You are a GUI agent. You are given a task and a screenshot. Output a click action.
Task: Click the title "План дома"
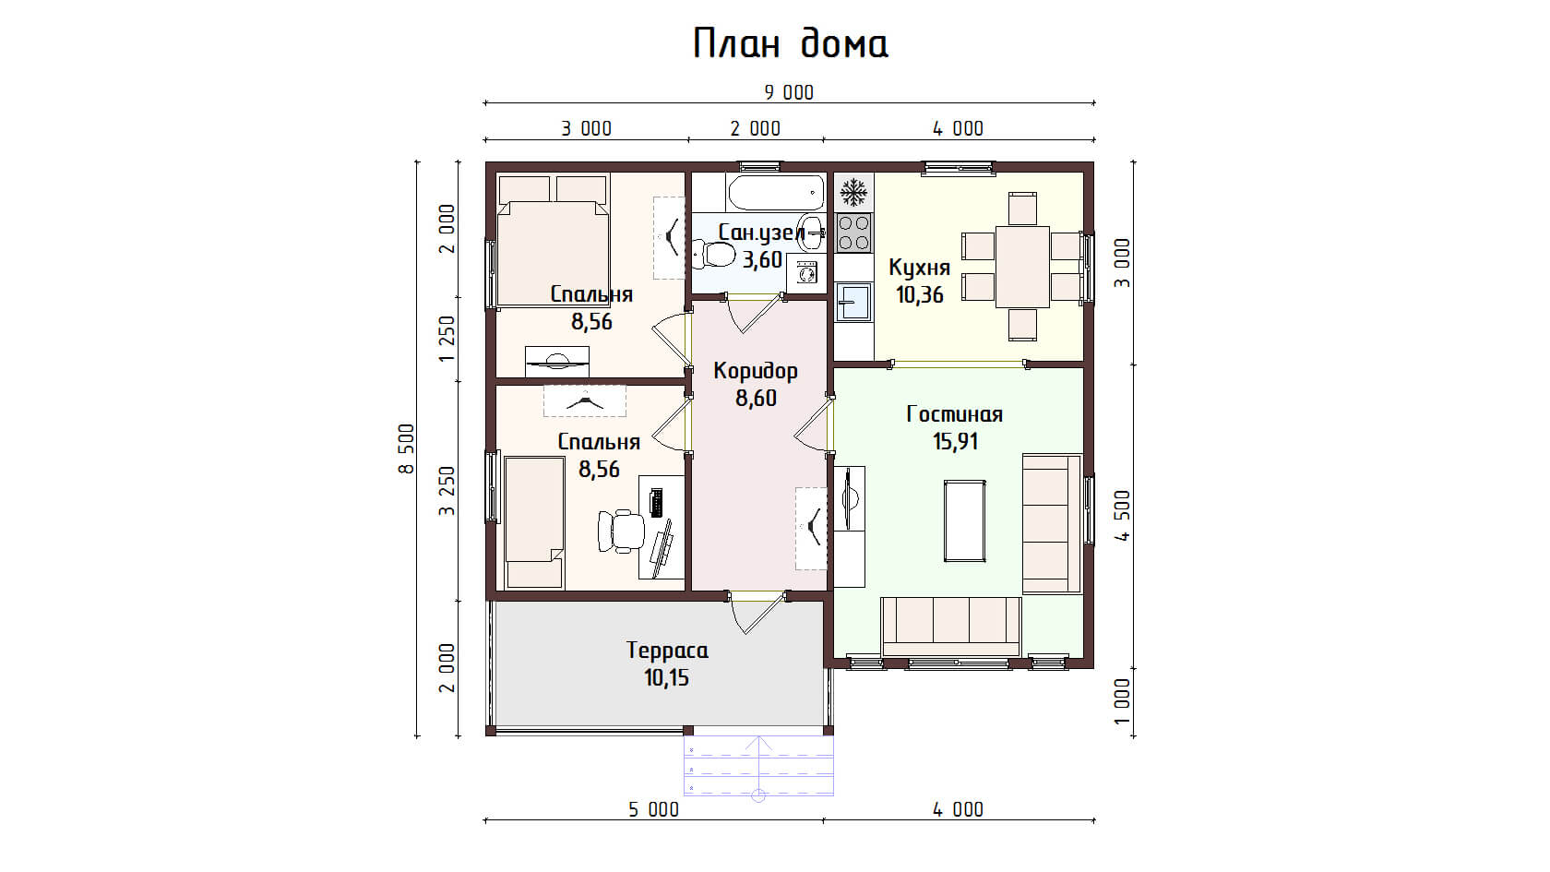point(790,44)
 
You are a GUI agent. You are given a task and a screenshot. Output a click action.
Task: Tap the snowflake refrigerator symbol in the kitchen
point(854,192)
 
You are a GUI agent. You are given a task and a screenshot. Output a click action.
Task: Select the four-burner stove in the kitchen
point(854,233)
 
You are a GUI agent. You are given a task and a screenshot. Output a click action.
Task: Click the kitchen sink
point(853,302)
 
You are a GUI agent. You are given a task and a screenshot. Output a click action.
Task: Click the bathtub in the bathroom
point(776,192)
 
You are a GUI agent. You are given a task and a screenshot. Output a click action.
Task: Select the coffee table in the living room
point(965,521)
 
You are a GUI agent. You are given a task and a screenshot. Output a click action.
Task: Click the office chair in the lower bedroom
point(621,531)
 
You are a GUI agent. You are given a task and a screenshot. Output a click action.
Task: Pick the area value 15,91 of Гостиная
point(955,441)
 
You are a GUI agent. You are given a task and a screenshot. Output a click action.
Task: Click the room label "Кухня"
point(919,268)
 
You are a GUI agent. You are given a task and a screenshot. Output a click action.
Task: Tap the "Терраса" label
point(667,651)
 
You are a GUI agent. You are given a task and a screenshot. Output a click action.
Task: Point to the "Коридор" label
point(756,371)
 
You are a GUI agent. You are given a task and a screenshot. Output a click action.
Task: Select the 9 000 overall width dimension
point(789,92)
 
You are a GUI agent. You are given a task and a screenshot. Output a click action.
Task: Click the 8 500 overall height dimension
point(406,449)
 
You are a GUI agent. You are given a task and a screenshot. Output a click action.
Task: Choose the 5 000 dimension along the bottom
point(654,809)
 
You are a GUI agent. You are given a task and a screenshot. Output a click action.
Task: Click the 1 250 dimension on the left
point(447,339)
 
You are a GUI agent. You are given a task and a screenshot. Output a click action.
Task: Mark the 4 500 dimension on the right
point(1122,516)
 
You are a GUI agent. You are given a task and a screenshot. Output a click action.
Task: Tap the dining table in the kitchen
point(1022,267)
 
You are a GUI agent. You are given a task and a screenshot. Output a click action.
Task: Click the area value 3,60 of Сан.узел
point(762,260)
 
